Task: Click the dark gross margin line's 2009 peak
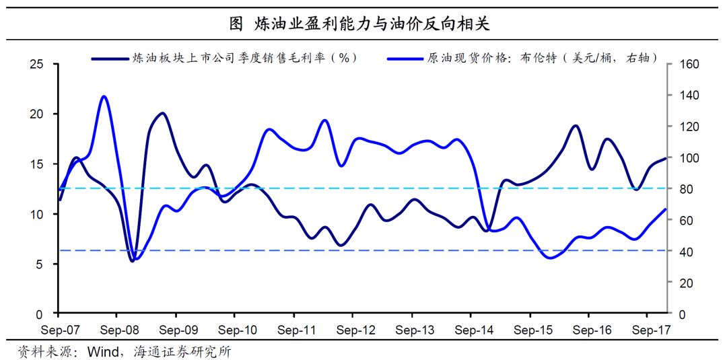(x=162, y=113)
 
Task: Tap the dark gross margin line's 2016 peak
(x=576, y=126)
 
